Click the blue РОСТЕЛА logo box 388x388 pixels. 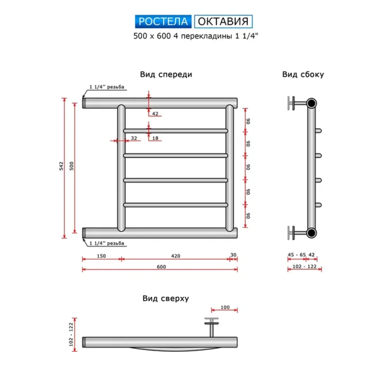coord(163,21)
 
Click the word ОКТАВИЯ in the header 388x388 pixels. coord(223,21)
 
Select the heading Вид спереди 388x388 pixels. coord(166,74)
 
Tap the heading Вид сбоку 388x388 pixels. coord(303,74)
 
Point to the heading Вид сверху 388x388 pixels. coord(165,298)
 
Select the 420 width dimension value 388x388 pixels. coord(175,256)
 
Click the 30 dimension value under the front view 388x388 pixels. coord(233,255)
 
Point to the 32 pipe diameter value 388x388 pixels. coord(134,138)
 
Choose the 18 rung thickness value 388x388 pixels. coord(155,138)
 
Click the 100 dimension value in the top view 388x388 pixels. coord(225,307)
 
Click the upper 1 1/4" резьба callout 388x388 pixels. coord(107,87)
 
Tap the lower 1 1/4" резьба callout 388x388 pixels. coord(107,243)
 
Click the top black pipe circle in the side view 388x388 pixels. coord(312,103)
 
